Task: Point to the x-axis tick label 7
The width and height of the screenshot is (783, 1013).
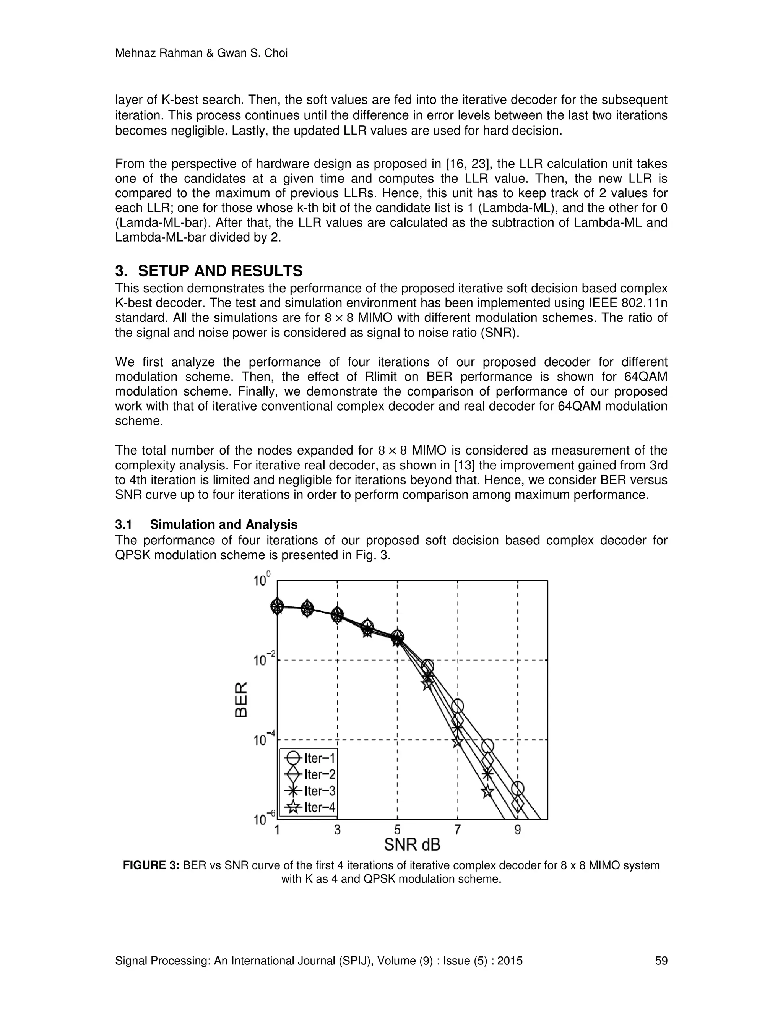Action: pyautogui.click(x=457, y=830)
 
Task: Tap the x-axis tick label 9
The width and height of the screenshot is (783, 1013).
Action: pyautogui.click(x=518, y=830)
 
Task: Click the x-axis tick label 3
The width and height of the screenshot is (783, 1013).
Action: pyautogui.click(x=337, y=830)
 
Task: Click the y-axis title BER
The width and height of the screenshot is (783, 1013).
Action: pyautogui.click(x=242, y=700)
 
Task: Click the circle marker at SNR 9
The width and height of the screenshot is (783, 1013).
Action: pyautogui.click(x=518, y=788)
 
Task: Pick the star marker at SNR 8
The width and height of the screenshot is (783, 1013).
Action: pyautogui.click(x=487, y=791)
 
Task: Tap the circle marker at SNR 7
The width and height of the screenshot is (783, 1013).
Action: pyautogui.click(x=457, y=706)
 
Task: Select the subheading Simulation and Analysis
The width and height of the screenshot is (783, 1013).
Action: pyautogui.click(x=224, y=524)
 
